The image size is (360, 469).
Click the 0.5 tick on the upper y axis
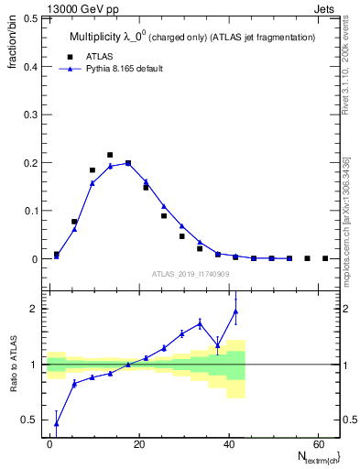[x=29, y=18]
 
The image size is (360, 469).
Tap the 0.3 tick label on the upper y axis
[x=29, y=115]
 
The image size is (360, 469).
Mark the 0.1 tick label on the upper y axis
[x=29, y=211]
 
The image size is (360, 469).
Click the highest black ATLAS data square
[x=110, y=155]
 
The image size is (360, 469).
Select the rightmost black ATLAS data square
[x=325, y=258]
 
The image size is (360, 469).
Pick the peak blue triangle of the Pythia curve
[x=127, y=163]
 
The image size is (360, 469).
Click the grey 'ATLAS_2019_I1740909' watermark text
[x=190, y=274]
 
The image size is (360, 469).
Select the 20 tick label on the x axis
[x=138, y=443]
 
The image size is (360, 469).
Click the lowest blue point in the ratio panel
[x=57, y=423]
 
